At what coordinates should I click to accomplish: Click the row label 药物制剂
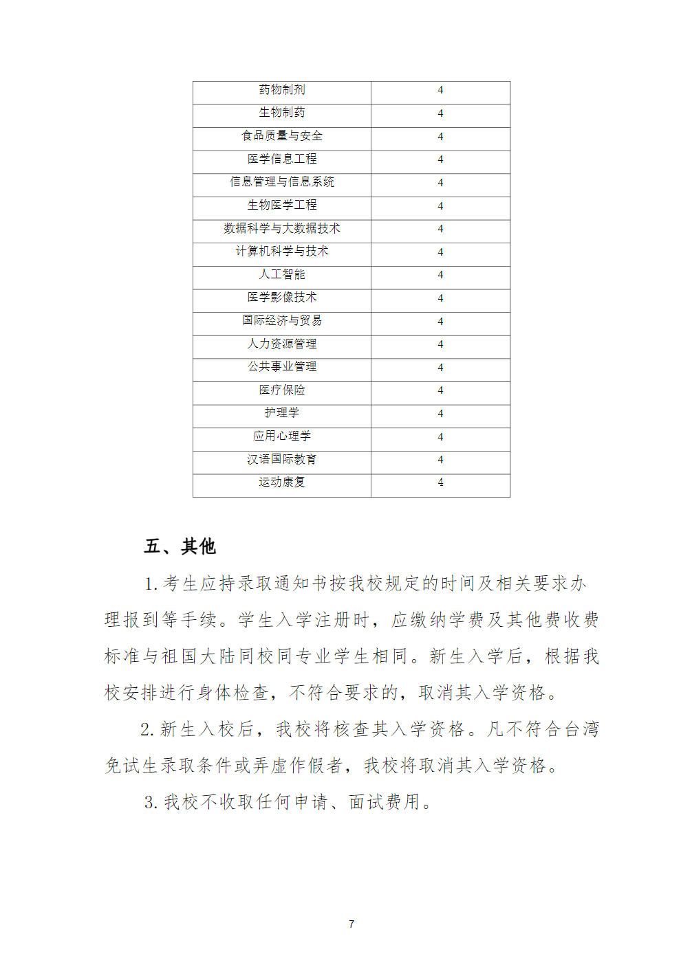click(x=282, y=89)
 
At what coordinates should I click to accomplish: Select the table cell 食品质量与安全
click(x=282, y=136)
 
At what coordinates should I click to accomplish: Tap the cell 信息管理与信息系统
click(x=282, y=182)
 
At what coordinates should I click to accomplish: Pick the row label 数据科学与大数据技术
click(x=282, y=228)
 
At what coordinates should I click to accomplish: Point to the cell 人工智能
click(x=282, y=274)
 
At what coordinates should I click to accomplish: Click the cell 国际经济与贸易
click(x=282, y=320)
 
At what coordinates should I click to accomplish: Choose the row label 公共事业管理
click(x=282, y=366)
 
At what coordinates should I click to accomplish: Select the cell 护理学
click(x=282, y=412)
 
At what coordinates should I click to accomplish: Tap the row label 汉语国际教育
click(x=282, y=459)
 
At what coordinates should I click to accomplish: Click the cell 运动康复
click(x=282, y=482)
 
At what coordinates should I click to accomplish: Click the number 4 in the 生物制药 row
click(x=440, y=113)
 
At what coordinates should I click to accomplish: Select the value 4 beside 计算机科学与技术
click(x=440, y=252)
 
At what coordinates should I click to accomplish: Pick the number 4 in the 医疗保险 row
click(x=440, y=390)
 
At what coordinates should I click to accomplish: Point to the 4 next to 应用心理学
click(x=440, y=436)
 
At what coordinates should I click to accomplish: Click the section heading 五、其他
click(x=180, y=546)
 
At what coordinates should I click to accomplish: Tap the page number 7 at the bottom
click(x=352, y=924)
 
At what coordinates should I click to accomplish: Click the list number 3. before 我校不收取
click(x=151, y=802)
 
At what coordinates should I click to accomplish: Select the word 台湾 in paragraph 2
click(x=582, y=729)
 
